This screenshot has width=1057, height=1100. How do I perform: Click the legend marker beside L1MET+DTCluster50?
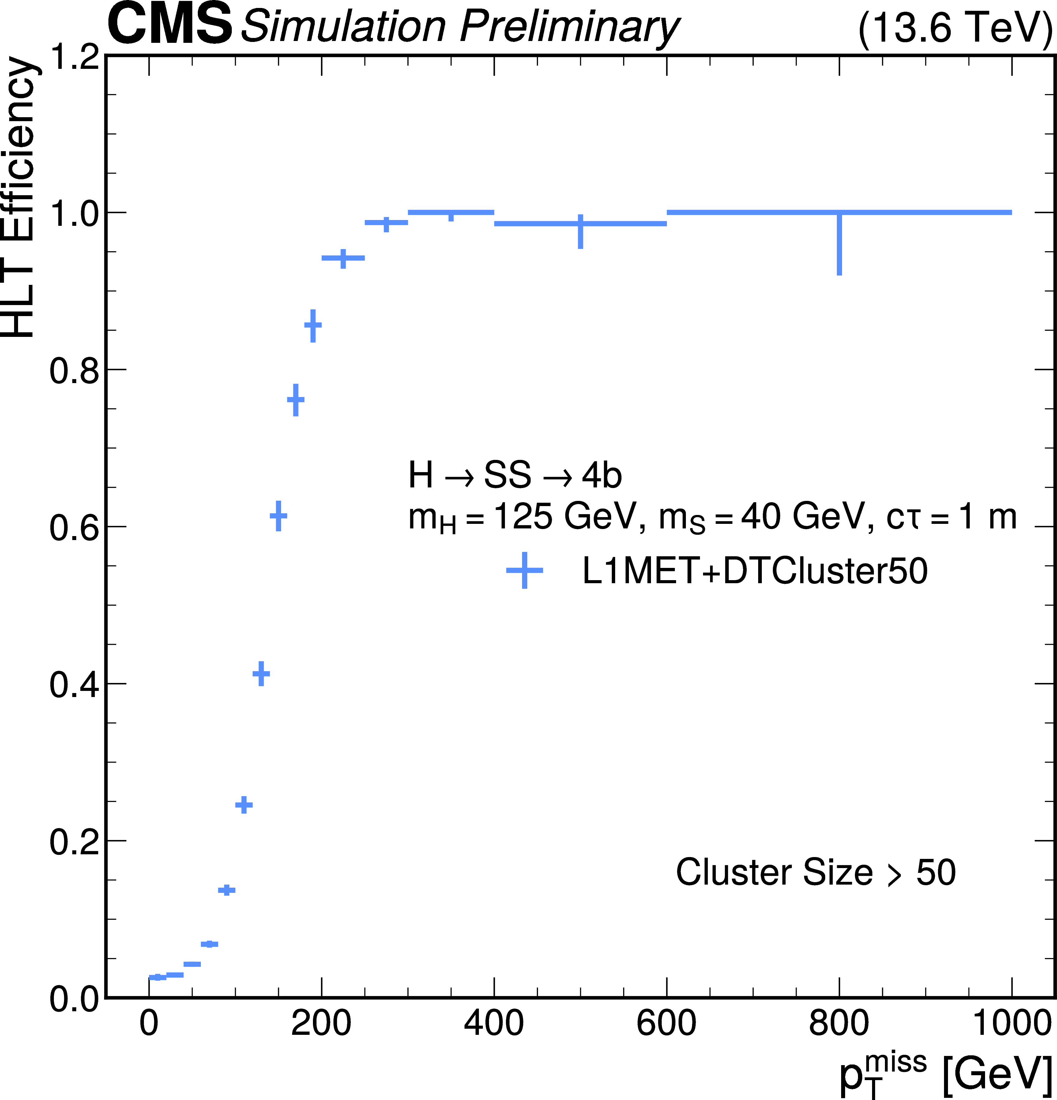524,571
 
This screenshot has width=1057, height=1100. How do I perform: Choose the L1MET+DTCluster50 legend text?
754,571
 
